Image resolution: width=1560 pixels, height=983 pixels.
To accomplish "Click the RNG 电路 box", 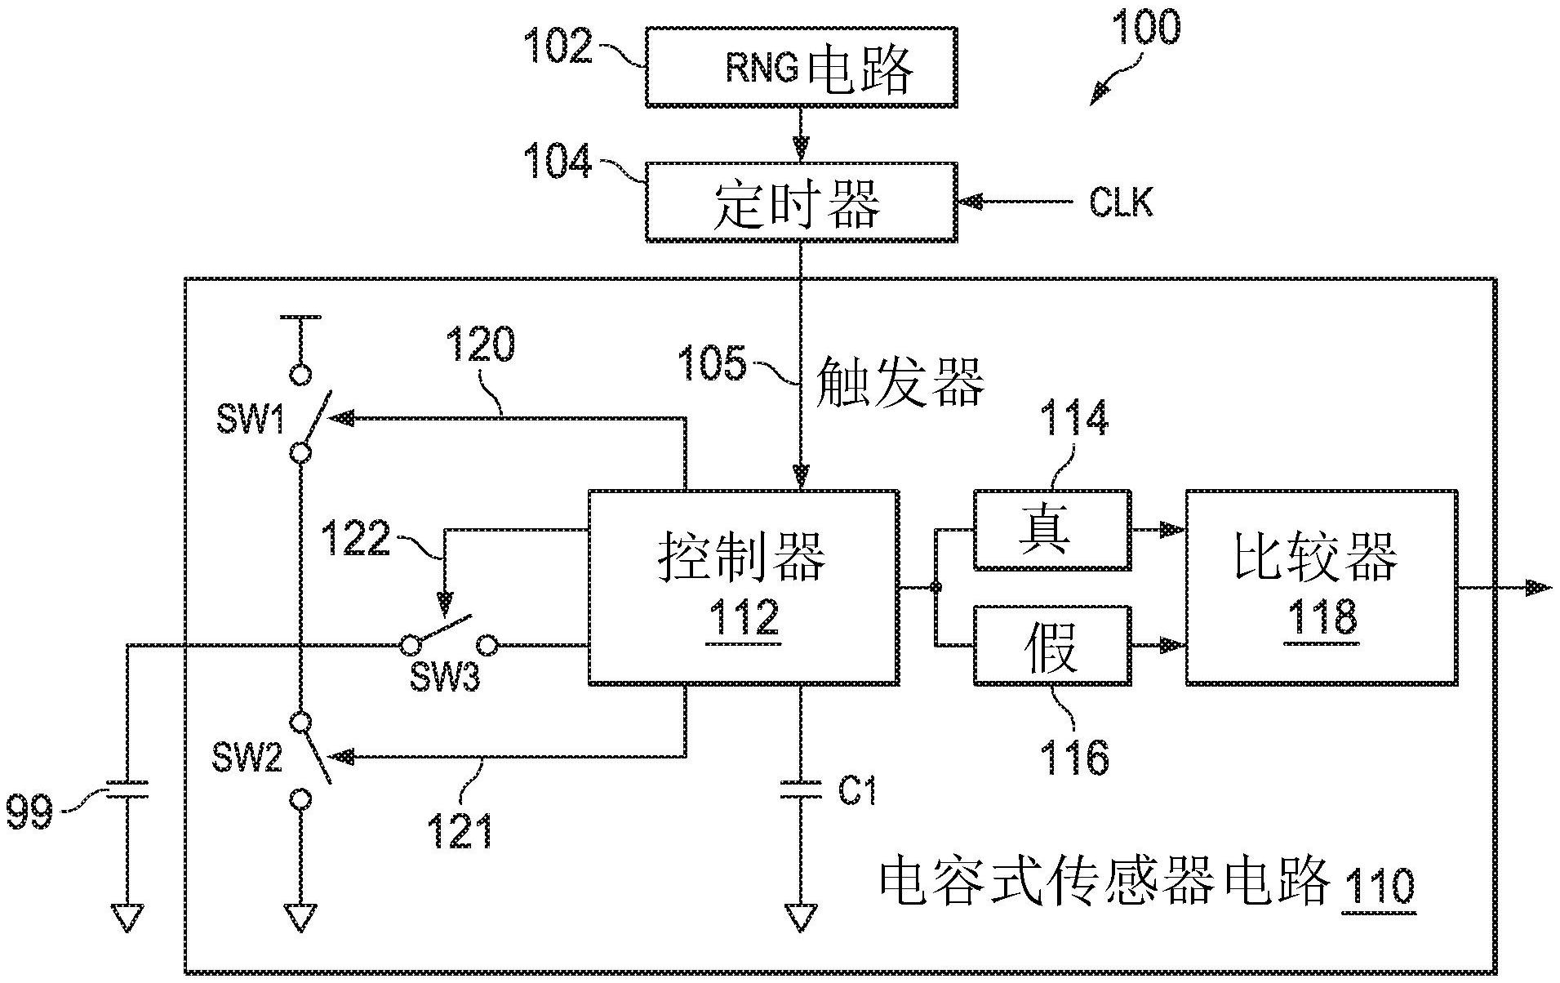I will [x=800, y=67].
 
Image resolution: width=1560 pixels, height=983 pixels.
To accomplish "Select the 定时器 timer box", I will [x=800, y=202].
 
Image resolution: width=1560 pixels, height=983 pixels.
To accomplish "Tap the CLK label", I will [x=1120, y=202].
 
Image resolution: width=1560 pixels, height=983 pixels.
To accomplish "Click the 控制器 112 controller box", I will [x=743, y=588].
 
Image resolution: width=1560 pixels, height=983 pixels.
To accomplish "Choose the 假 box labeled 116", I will [x=1051, y=645].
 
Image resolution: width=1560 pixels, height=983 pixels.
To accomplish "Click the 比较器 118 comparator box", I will [x=1321, y=588].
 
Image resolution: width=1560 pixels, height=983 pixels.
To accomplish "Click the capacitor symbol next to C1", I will [x=801, y=789].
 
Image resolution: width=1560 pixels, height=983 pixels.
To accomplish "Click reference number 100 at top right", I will [x=1146, y=29].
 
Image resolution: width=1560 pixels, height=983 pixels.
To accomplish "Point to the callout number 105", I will [x=712, y=364].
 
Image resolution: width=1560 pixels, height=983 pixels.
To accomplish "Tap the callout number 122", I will [x=355, y=540].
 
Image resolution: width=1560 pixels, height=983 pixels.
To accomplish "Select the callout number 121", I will [x=460, y=831].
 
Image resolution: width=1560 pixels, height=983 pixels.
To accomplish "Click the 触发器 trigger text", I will [x=900, y=381].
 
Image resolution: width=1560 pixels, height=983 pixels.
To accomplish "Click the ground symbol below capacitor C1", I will [x=801, y=919].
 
